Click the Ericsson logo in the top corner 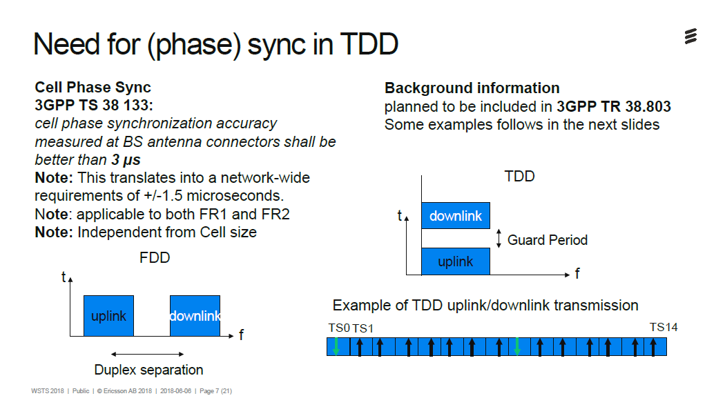pyautogui.click(x=690, y=37)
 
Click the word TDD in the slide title pyautogui.click(x=369, y=44)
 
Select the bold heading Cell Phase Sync pyautogui.click(x=93, y=88)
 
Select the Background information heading pyautogui.click(x=472, y=88)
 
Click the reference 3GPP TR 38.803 pyautogui.click(x=614, y=106)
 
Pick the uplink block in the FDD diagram pyautogui.click(x=108, y=316)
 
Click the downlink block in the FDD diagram pyautogui.click(x=195, y=316)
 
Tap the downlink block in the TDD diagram pyautogui.click(x=456, y=216)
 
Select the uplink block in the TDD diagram pyautogui.click(x=456, y=261)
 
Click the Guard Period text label pyautogui.click(x=547, y=240)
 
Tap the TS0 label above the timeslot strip pyautogui.click(x=338, y=328)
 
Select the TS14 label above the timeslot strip pyautogui.click(x=663, y=327)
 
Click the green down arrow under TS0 pyautogui.click(x=336, y=346)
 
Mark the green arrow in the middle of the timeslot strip pyautogui.click(x=517, y=346)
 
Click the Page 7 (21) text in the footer pyautogui.click(x=215, y=391)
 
